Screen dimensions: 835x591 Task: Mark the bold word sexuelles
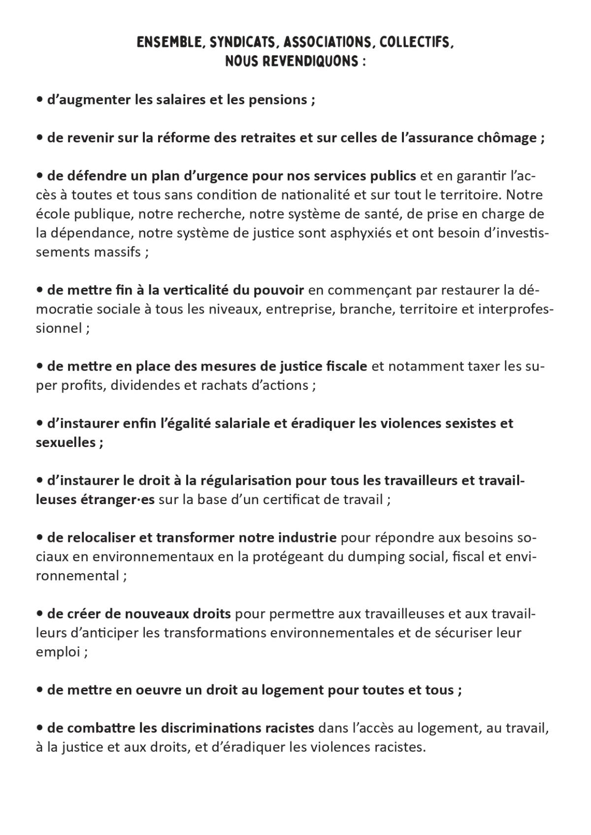pos(66,442)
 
